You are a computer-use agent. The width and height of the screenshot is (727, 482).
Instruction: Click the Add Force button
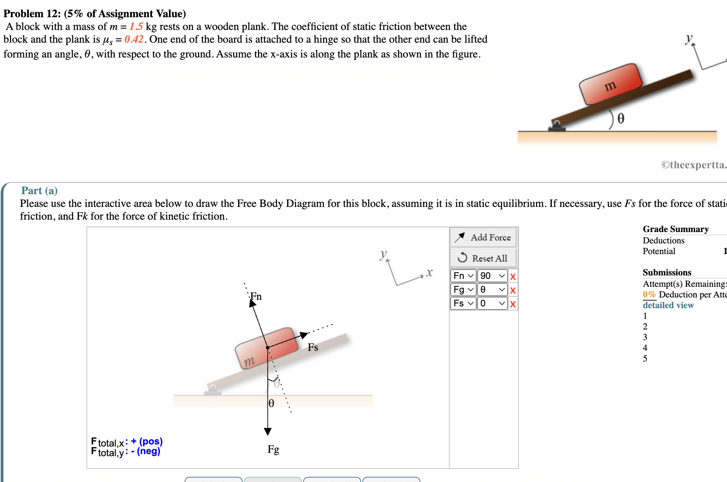tap(483, 238)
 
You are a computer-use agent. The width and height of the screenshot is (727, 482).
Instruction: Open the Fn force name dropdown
tap(463, 276)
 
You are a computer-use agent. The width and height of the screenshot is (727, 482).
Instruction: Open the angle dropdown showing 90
tap(492, 276)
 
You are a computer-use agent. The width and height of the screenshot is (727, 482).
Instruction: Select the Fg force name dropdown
tap(463, 290)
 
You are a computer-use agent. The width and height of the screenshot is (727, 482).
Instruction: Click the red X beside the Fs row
tap(513, 304)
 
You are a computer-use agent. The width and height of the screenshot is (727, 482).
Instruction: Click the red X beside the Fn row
tap(513, 276)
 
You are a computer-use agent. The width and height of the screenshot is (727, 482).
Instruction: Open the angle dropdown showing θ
tap(492, 290)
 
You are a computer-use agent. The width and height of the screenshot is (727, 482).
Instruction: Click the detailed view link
tap(668, 305)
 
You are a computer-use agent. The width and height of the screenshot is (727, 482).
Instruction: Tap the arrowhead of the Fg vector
tap(268, 431)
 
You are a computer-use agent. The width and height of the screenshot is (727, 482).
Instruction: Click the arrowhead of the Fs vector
tap(304, 335)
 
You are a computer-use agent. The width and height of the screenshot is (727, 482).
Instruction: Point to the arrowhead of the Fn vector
tap(252, 303)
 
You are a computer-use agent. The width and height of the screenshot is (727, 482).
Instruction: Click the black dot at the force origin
tap(268, 348)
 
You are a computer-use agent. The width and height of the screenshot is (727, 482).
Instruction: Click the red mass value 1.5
tap(136, 27)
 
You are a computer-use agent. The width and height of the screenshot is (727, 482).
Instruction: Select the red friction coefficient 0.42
tap(134, 39)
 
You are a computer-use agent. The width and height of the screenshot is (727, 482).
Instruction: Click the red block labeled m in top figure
tap(610, 84)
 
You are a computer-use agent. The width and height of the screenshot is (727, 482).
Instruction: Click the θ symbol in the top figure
tap(621, 119)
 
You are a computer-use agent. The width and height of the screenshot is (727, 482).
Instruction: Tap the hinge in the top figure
tap(556, 126)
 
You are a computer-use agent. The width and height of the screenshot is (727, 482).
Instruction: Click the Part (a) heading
tap(39, 190)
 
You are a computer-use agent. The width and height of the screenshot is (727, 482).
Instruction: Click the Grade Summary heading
tap(675, 229)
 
